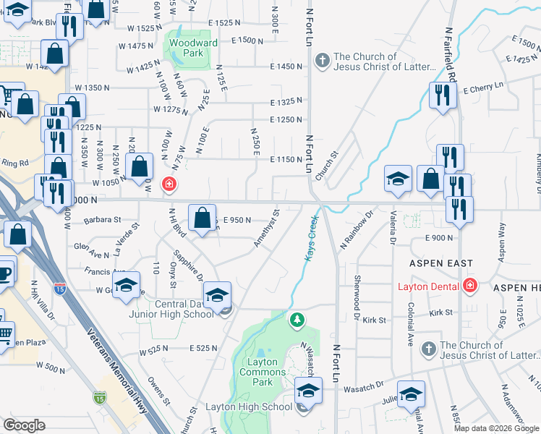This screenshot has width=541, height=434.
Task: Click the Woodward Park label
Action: [193, 48]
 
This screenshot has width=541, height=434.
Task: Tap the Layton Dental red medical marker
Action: [471, 286]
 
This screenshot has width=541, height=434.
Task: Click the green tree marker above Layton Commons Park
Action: [296, 319]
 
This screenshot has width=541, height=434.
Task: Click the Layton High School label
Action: [248, 407]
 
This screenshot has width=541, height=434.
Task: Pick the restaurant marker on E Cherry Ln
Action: [440, 95]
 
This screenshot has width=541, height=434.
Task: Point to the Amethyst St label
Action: [265, 229]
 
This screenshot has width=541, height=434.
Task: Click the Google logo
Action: [24, 425]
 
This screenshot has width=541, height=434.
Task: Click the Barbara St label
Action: [102, 218]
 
